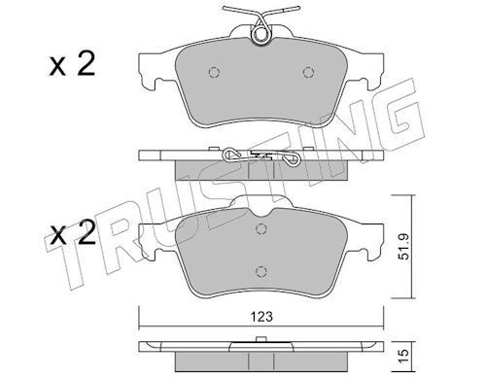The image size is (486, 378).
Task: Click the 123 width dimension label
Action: [x=261, y=317]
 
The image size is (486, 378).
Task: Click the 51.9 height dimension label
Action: [x=405, y=247]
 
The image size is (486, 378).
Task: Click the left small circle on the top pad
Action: [x=214, y=72]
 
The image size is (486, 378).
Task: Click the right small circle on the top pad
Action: [x=308, y=72]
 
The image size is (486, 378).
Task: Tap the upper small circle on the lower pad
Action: [x=261, y=229]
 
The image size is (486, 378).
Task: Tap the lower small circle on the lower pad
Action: [x=261, y=271]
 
